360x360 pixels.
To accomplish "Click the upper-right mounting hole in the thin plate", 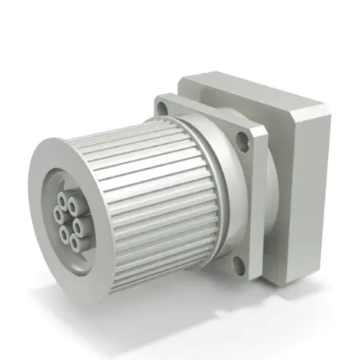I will point(242,139).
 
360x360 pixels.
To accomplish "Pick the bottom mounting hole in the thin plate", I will point(239,264).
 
